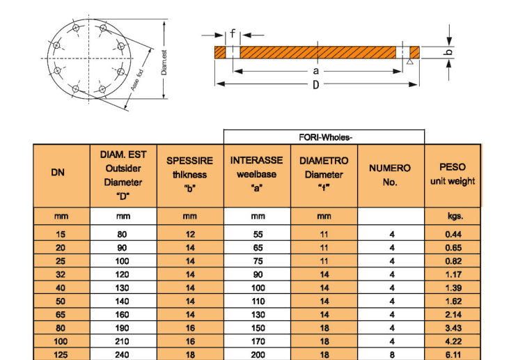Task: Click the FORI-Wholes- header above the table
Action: click(325, 136)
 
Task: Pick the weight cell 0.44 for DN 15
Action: click(453, 235)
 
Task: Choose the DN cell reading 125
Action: click(61, 355)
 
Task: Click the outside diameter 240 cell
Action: click(123, 355)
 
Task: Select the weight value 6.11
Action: click(453, 355)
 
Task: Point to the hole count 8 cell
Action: click(392, 355)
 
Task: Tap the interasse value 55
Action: click(258, 235)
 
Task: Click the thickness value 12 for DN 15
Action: click(190, 235)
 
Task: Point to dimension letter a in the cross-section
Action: click(315, 70)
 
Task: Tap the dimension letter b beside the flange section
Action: click(450, 52)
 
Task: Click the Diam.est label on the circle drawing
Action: click(164, 63)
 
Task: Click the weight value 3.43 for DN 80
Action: click(453, 328)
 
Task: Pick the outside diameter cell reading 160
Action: click(123, 315)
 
